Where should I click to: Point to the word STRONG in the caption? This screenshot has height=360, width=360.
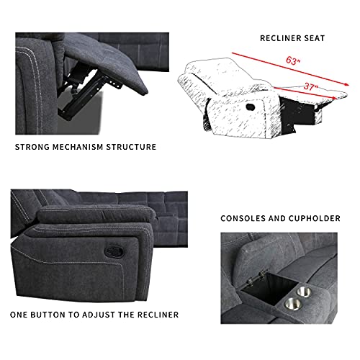pyautogui.click(x=34, y=147)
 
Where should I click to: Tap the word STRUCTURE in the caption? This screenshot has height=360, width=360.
pyautogui.click(x=134, y=147)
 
